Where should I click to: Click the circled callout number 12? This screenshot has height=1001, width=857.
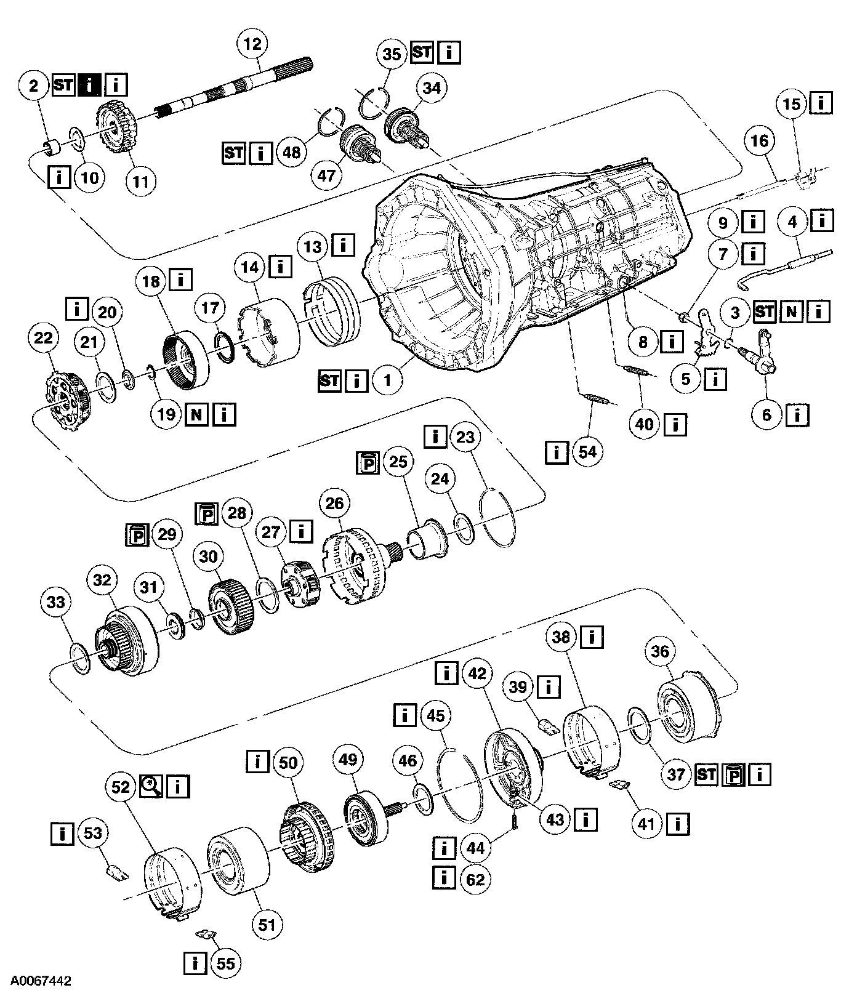tap(252, 44)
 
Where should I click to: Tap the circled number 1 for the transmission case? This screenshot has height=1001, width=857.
tap(387, 380)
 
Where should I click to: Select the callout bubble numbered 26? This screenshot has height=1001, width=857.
tap(334, 504)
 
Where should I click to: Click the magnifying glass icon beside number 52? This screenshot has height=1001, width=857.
tap(150, 786)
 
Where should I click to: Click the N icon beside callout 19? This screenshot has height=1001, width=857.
tap(196, 414)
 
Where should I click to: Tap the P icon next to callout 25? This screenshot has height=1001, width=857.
tap(368, 462)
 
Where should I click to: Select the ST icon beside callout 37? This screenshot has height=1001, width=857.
tap(706, 774)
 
